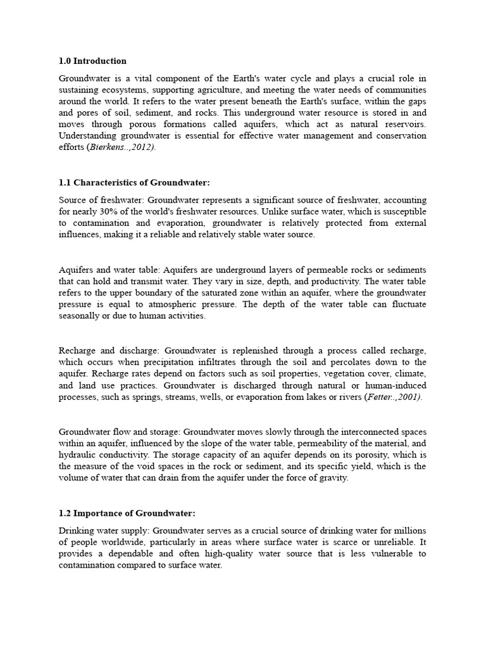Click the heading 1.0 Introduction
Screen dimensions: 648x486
92,61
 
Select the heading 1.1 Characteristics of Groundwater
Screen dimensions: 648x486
134,183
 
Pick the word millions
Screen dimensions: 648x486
409,530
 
